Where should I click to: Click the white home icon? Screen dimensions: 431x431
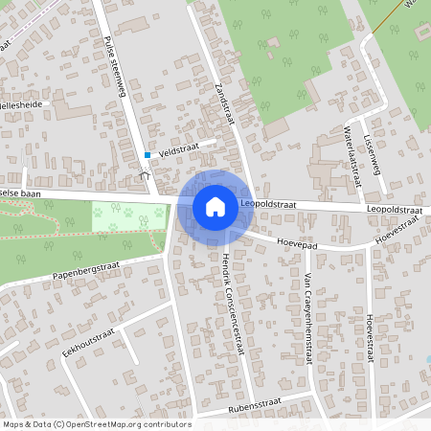pyautogui.click(x=215, y=206)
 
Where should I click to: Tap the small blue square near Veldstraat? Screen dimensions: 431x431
pyautogui.click(x=147, y=154)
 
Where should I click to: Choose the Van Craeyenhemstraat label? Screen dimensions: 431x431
pyautogui.click(x=307, y=316)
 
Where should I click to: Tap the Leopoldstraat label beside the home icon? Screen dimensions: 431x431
pyautogui.click(x=267, y=204)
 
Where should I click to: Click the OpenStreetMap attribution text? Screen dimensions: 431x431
pyautogui.click(x=97, y=424)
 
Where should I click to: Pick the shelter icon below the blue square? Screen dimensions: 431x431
pyautogui.click(x=145, y=173)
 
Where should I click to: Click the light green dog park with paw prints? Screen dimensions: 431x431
pyautogui.click(x=128, y=216)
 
